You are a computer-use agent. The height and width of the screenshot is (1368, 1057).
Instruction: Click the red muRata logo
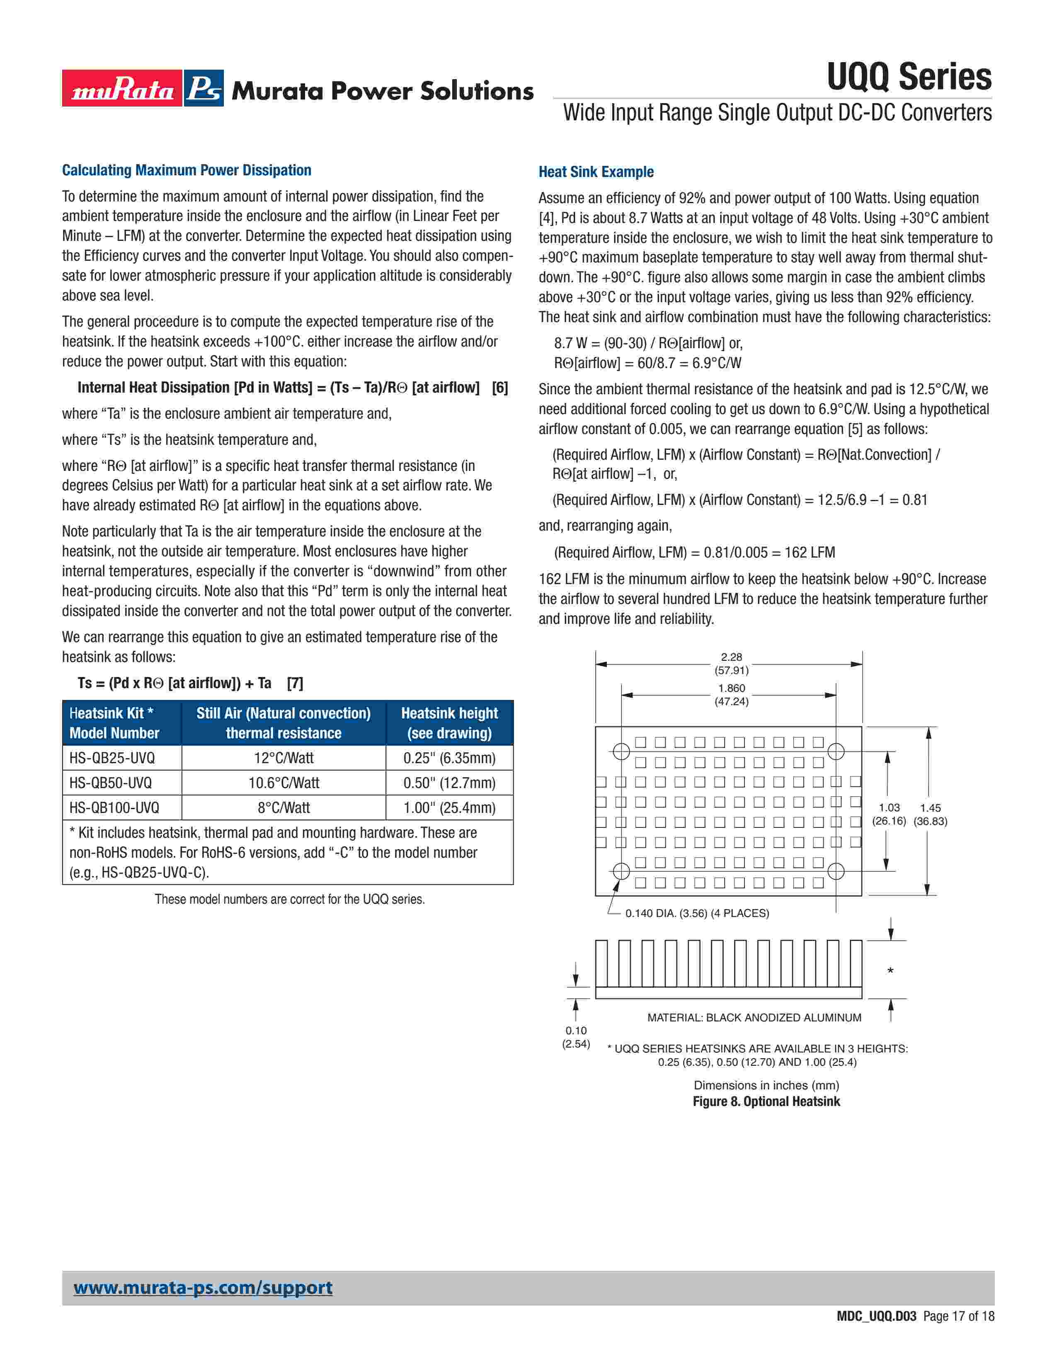pos(122,88)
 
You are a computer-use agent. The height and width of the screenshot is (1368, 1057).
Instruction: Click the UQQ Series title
pos(909,77)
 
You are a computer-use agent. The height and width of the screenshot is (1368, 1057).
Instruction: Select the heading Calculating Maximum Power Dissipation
pos(187,170)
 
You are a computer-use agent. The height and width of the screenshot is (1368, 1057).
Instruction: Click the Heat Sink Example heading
pos(596,172)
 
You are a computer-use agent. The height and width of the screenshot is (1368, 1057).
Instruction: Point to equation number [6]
pos(500,388)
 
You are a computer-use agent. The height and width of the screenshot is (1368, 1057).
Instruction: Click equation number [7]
pos(295,683)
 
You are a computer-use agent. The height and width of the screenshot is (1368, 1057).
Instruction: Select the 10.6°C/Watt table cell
pos(284,783)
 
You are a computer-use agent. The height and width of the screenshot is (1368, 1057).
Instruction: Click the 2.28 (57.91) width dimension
pos(731,663)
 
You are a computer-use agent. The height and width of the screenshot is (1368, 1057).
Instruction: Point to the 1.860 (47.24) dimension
pos(731,695)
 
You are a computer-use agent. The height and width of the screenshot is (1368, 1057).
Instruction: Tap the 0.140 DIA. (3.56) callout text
pos(696,913)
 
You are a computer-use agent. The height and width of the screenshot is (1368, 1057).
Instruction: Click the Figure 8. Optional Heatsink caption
pos(766,1102)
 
